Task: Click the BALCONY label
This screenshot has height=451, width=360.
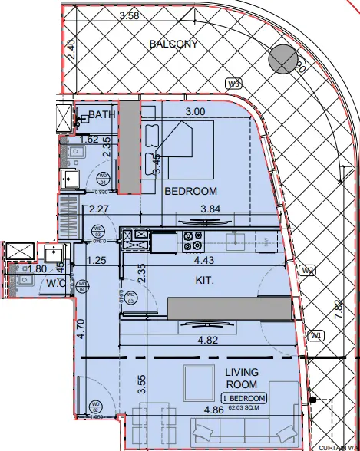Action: pyautogui.click(x=173, y=44)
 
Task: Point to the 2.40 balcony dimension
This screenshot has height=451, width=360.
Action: pyautogui.click(x=70, y=51)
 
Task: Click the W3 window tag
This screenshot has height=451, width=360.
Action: pyautogui.click(x=233, y=84)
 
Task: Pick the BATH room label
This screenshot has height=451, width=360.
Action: pyautogui.click(x=101, y=115)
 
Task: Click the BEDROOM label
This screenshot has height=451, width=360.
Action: pyautogui.click(x=191, y=191)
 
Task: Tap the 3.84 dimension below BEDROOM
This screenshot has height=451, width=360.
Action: pyautogui.click(x=210, y=208)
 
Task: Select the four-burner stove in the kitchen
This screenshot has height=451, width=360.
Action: pyautogui.click(x=191, y=240)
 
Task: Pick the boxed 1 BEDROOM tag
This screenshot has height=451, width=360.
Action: pyautogui.click(x=244, y=398)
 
